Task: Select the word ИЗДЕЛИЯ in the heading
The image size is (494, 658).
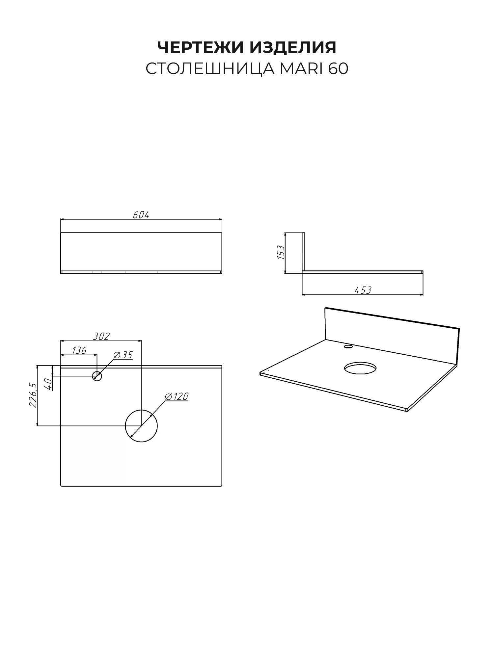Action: tap(293, 48)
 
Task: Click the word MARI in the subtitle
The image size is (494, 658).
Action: tap(301, 69)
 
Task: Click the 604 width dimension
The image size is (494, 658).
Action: tap(141, 215)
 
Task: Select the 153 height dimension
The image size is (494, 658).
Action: tap(281, 252)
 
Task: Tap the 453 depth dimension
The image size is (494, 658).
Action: tap(363, 290)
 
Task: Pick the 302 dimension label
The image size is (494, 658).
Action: tap(101, 336)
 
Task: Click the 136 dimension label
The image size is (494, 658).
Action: tap(79, 350)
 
